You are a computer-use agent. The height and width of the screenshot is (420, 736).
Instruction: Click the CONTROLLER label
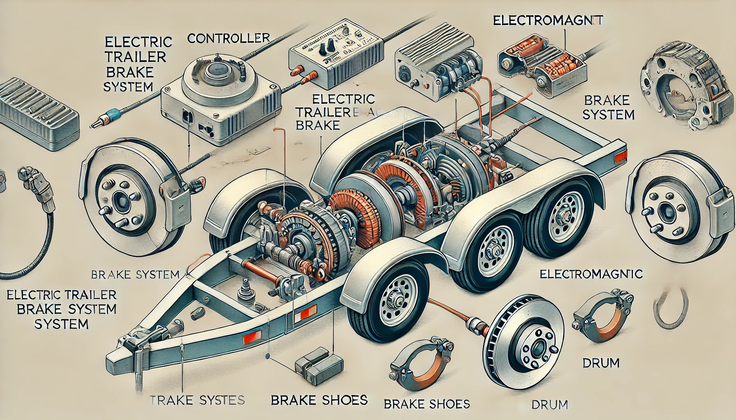point(228,38)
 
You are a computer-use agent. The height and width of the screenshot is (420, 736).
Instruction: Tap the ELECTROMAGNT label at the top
point(548,20)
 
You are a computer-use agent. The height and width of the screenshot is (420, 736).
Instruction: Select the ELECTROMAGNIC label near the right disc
point(591,274)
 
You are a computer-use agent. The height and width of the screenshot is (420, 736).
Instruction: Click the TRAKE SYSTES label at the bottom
point(198,400)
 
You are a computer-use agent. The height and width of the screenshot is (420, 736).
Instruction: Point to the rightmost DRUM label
point(601,363)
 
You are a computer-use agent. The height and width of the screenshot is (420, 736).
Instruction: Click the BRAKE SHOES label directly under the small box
point(319,400)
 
